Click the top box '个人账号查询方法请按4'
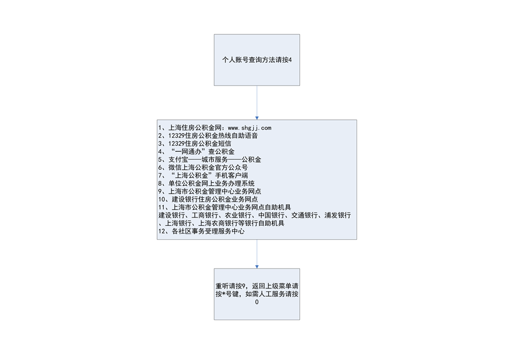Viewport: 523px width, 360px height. tap(257, 60)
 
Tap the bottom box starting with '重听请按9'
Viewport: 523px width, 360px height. tap(257, 295)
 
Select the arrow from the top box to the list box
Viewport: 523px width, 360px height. tap(257, 103)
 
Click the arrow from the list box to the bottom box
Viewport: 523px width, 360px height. tap(257, 254)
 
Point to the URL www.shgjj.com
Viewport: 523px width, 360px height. tap(249, 128)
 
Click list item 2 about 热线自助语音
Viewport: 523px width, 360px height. tap(208, 136)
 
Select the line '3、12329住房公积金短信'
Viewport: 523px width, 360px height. tap(195, 144)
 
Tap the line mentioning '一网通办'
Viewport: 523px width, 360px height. tap(197, 151)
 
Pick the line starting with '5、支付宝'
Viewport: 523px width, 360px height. tap(210, 160)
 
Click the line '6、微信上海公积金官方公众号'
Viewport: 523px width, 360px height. tap(203, 168)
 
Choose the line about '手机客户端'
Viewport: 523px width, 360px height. tap(203, 176)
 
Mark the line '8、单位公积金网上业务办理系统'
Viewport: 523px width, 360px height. tap(207, 184)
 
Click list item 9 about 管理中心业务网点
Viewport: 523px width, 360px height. tap(210, 192)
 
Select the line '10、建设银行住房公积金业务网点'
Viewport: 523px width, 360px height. tap(208, 200)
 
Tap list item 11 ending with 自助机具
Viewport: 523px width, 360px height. tap(225, 207)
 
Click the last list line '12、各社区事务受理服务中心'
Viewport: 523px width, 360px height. tap(202, 231)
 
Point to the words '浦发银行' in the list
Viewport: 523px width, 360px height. tap(338, 216)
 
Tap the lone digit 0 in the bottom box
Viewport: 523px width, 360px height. tap(257, 302)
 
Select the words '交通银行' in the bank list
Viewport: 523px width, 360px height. tap(304, 216)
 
